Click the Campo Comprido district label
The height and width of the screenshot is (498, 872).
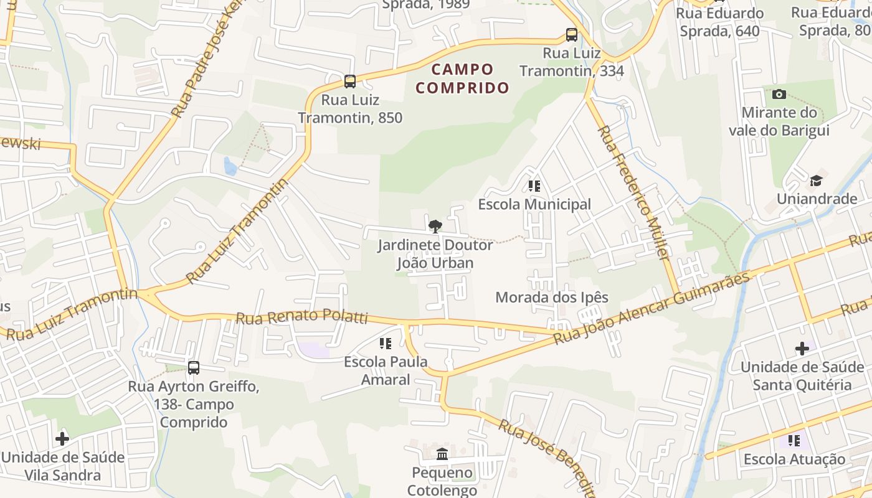click(462, 78)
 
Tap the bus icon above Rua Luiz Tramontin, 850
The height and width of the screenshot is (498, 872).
click(350, 81)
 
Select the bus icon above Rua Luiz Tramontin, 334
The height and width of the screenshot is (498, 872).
click(572, 34)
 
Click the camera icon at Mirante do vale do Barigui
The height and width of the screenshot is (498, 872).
click(779, 95)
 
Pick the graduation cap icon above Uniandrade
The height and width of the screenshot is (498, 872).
click(816, 181)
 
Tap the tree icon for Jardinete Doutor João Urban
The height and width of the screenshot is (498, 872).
click(435, 226)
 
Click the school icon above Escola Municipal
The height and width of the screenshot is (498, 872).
click(534, 186)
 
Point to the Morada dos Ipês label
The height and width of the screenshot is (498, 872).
click(551, 298)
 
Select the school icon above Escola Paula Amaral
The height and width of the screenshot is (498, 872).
click(385, 343)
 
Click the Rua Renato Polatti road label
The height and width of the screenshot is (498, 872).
click(301, 317)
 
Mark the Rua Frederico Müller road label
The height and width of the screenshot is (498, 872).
click(632, 193)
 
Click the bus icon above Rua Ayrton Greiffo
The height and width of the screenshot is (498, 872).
click(194, 367)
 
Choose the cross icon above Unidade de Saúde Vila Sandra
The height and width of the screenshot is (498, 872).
click(62, 439)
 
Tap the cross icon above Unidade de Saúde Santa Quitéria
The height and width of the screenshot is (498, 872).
click(802, 349)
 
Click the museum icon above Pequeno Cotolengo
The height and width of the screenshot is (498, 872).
click(442, 454)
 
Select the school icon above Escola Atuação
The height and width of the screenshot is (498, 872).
click(794, 441)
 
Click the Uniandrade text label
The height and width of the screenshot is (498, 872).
click(817, 199)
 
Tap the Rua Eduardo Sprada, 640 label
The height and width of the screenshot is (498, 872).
click(719, 22)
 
